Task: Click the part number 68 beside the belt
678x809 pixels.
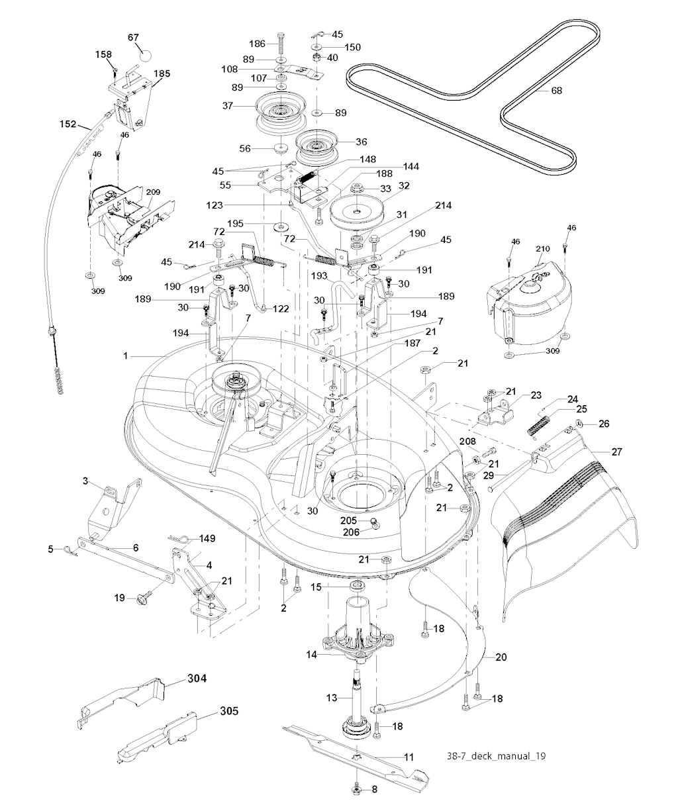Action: click(557, 91)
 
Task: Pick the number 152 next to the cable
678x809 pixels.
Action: click(86, 124)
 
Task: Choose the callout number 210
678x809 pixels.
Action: click(543, 249)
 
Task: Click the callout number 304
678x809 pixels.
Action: click(197, 678)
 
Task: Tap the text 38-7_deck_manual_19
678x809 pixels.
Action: click(495, 755)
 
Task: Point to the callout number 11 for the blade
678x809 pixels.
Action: click(409, 755)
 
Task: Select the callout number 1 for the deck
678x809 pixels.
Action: click(125, 356)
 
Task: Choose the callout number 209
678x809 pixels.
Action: click(153, 192)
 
